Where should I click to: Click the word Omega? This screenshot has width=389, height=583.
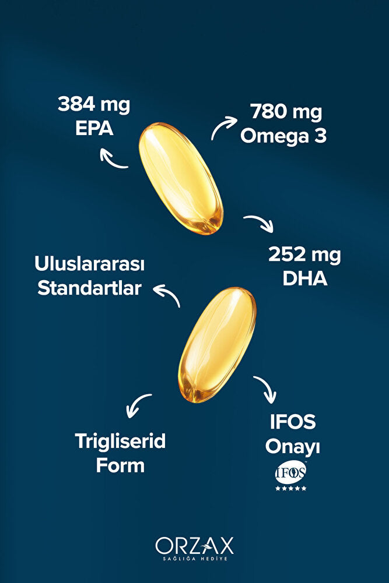click(x=269, y=136)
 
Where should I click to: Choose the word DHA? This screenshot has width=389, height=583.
click(x=304, y=278)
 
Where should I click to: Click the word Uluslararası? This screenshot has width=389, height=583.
click(x=89, y=264)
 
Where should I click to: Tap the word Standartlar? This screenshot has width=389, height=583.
click(x=89, y=288)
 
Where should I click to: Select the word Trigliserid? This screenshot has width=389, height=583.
click(x=120, y=441)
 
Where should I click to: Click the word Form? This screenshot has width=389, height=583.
click(x=120, y=465)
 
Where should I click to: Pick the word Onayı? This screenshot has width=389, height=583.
click(x=293, y=447)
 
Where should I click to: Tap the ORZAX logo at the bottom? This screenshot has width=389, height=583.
click(x=194, y=546)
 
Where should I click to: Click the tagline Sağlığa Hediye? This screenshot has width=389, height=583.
click(x=194, y=559)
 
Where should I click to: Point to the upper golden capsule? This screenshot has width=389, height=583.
click(x=180, y=178)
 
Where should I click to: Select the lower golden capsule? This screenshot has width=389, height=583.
click(x=217, y=344)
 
